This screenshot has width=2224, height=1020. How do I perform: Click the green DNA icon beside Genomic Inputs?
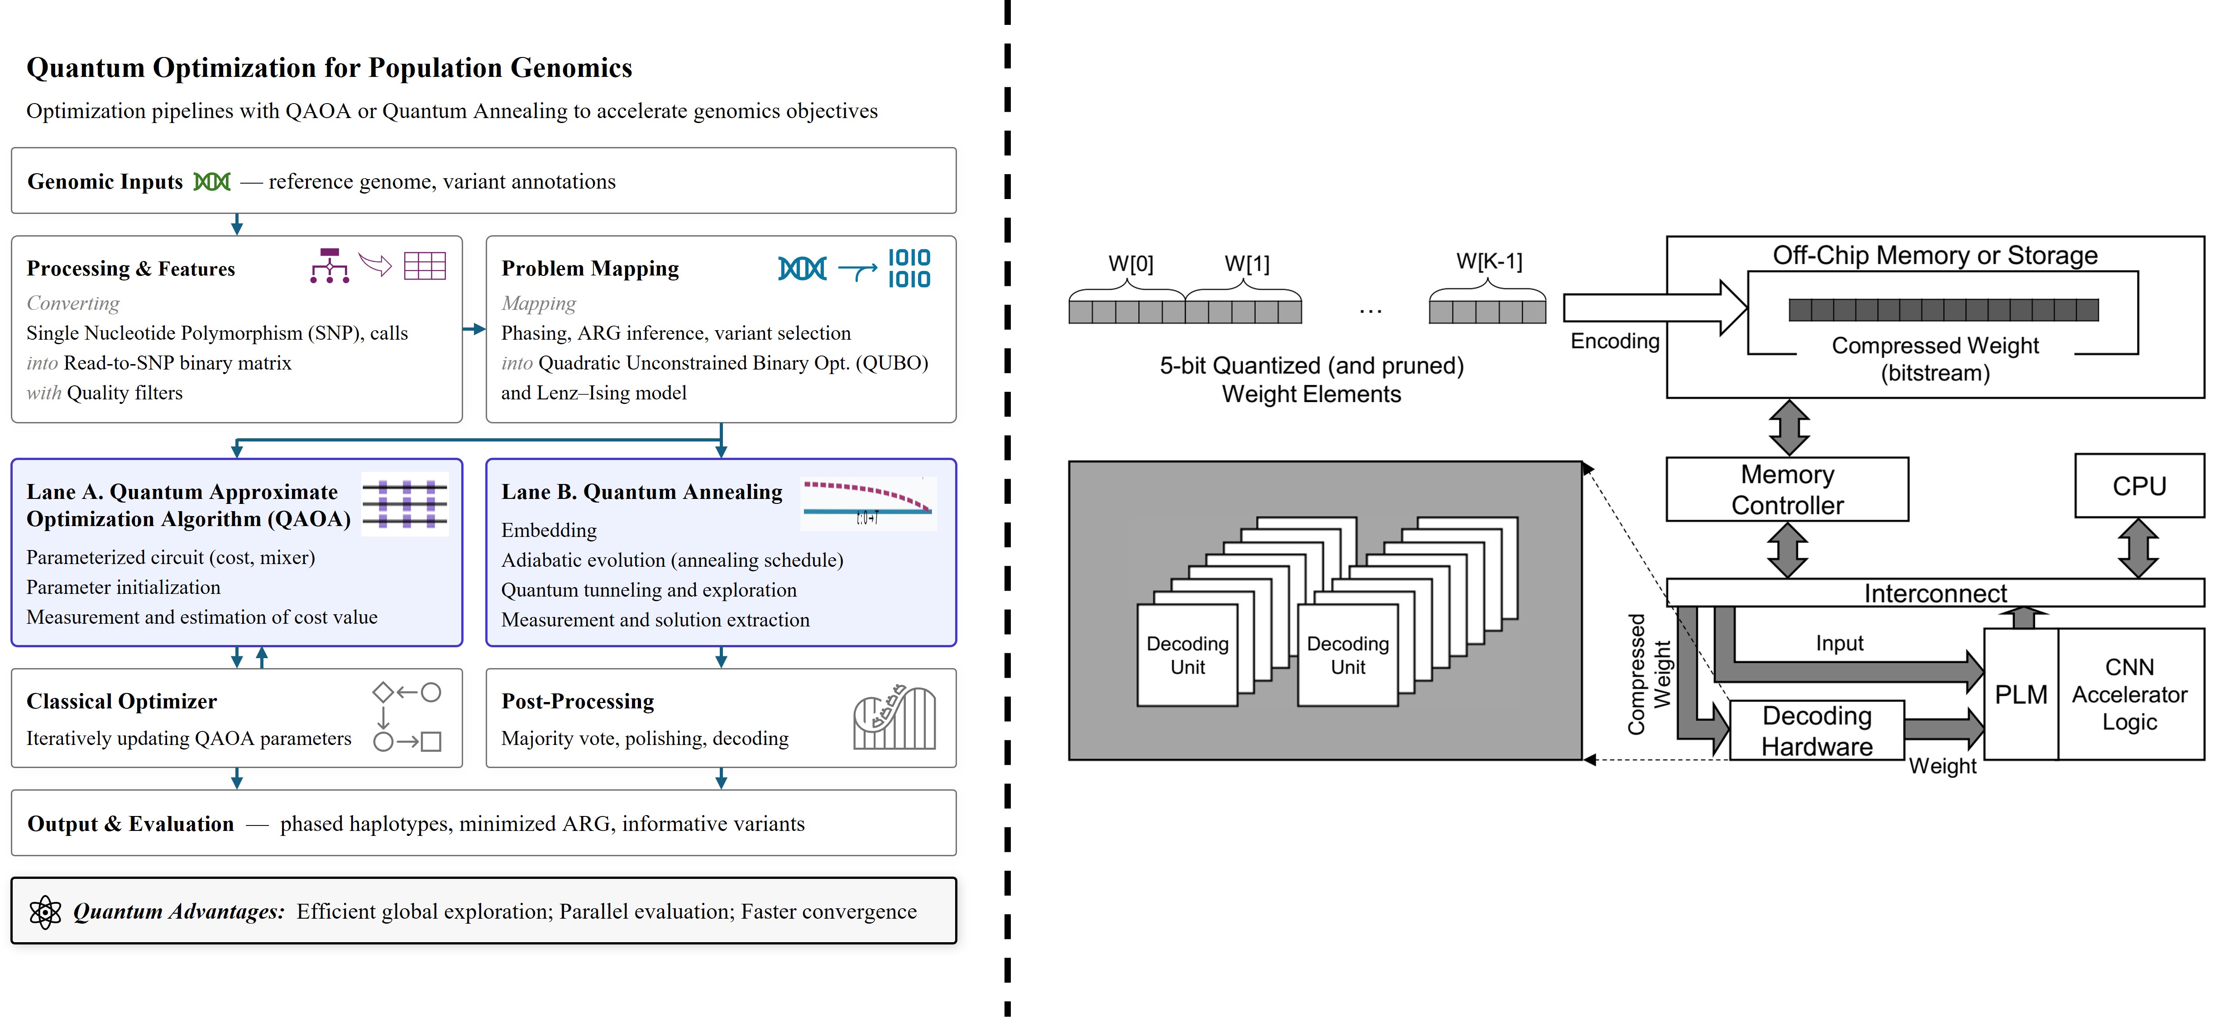coord(211,181)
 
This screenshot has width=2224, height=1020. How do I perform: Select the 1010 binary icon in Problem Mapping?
coord(909,268)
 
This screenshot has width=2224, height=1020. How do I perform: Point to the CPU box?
coord(2139,486)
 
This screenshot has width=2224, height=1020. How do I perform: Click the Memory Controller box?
coord(1787,489)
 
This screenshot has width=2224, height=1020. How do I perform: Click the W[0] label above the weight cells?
coord(1131,263)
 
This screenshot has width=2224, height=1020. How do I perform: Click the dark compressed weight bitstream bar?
coord(1943,310)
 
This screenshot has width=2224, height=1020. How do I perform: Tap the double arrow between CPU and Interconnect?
coord(2138,548)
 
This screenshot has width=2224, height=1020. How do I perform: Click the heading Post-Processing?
coord(578,701)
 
